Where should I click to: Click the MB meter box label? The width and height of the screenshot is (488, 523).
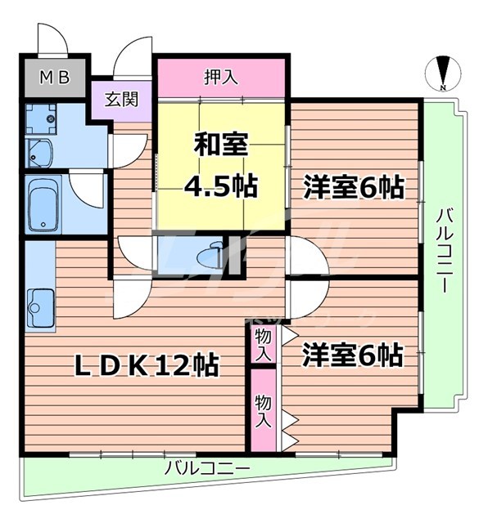tap(56, 78)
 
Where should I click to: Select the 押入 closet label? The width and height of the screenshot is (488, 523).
tap(220, 78)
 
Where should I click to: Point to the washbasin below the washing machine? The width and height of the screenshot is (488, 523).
tap(38, 151)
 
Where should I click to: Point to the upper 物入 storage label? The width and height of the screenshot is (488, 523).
tap(263, 343)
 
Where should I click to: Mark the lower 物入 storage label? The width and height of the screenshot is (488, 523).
tap(263, 409)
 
